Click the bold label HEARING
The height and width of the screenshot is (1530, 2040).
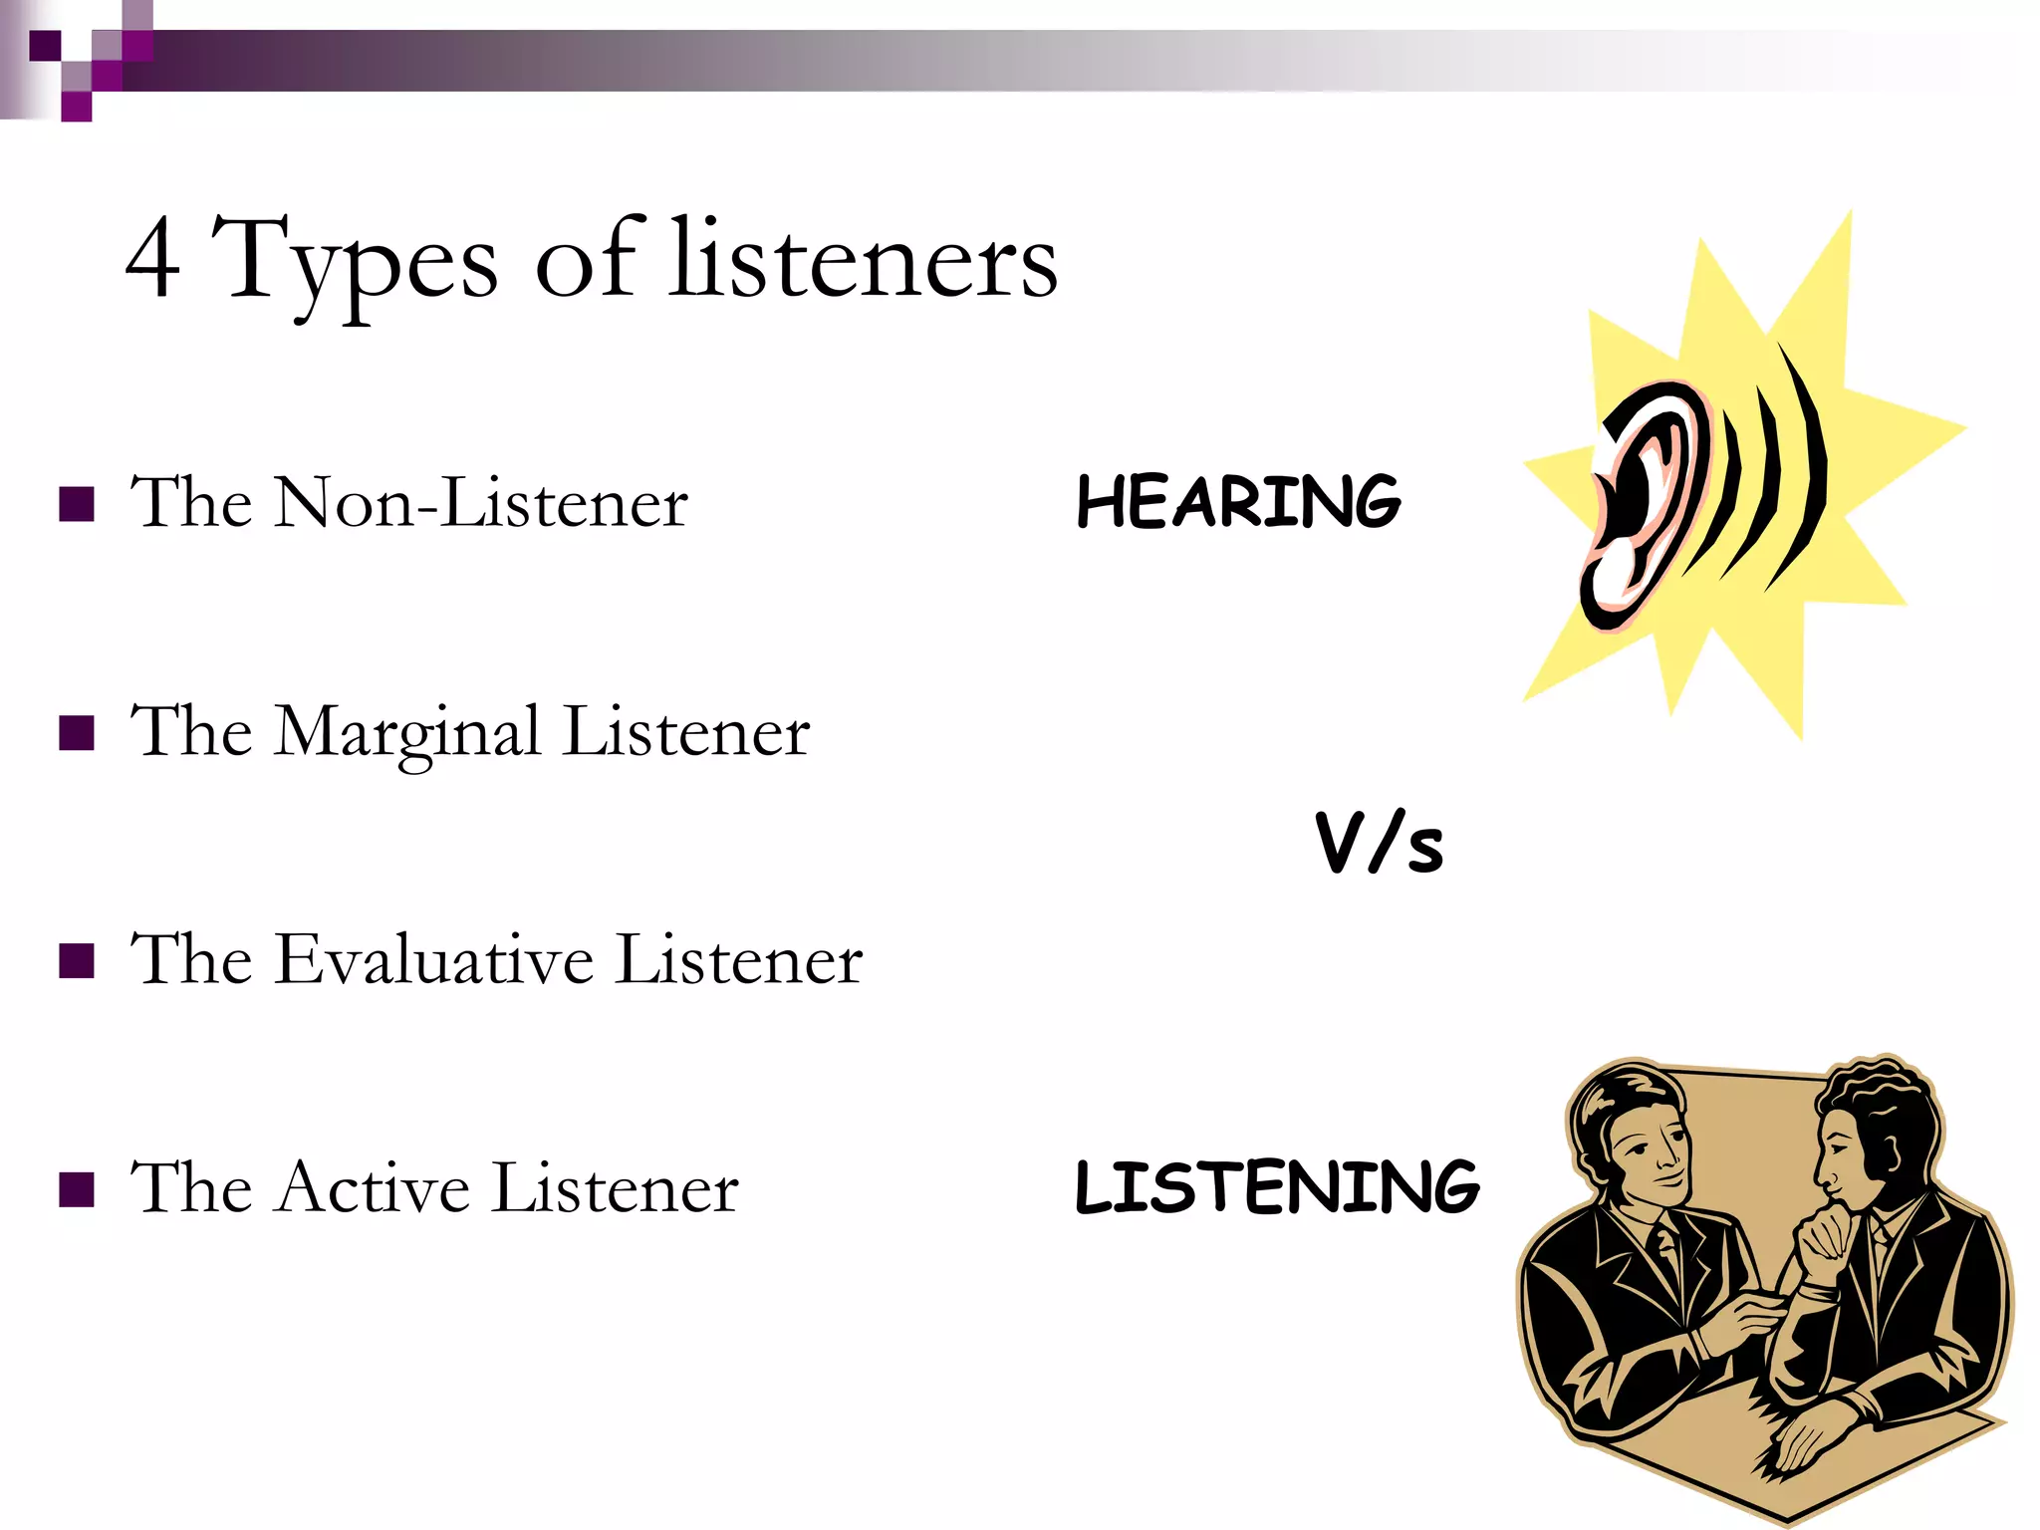coord(1238,501)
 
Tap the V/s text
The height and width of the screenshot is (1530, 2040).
coord(1379,844)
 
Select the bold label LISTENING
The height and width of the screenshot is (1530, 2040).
coord(1277,1187)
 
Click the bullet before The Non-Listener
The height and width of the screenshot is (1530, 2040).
coord(77,505)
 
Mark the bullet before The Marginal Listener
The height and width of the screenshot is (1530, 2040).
coord(77,733)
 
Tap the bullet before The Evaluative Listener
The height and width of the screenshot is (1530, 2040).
coord(77,961)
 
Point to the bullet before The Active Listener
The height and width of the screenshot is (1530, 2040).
coord(77,1189)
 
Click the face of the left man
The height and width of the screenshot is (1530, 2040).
coord(1650,1155)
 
